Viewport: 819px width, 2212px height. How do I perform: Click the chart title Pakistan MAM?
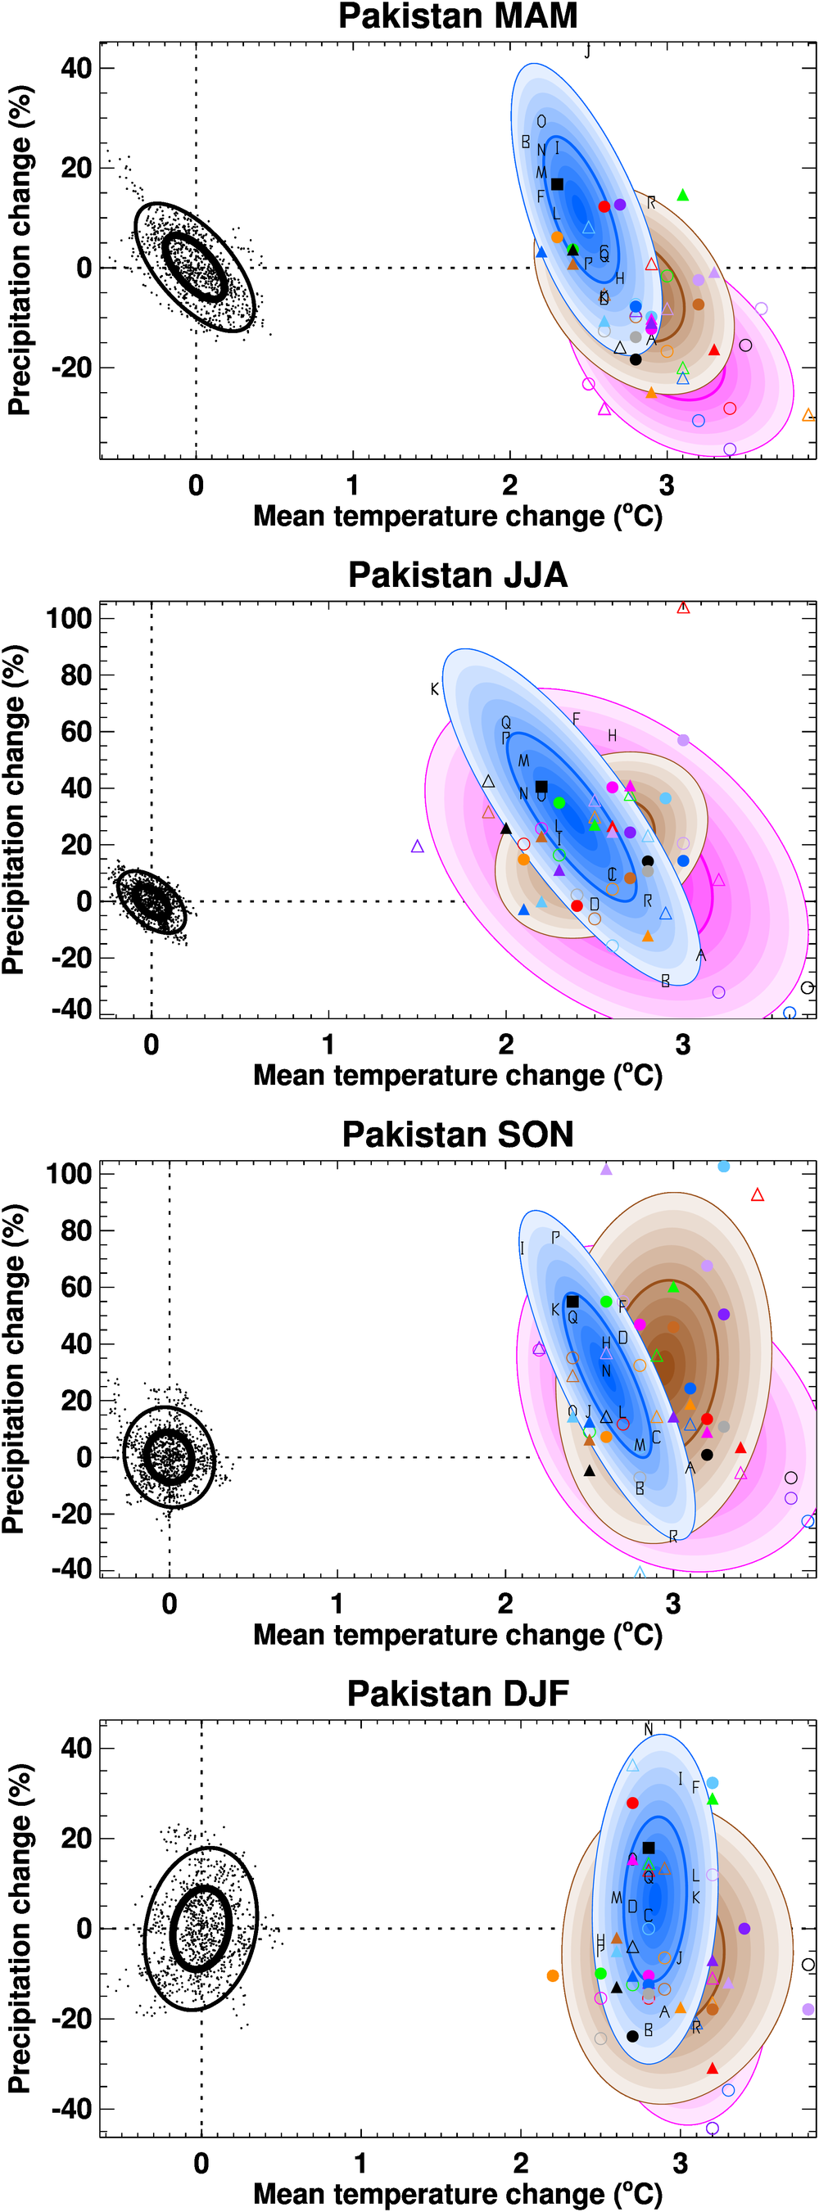457,16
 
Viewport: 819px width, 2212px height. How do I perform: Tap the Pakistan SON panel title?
457,1135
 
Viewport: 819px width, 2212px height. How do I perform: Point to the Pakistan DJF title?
457,1693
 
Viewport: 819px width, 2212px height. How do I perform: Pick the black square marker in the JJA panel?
541,787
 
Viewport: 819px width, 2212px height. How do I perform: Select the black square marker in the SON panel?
572,1302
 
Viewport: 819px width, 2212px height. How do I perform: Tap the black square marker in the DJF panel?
649,1848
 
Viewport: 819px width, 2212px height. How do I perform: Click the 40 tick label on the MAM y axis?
75,68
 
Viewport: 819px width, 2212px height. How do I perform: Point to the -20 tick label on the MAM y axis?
73,368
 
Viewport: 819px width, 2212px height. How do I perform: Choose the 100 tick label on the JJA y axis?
69,617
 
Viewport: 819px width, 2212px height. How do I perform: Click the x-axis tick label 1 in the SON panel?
337,1603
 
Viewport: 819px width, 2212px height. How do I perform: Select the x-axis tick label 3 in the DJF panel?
681,2162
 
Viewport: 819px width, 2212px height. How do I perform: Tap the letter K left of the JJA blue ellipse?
435,689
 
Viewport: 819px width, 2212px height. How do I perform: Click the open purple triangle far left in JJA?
418,846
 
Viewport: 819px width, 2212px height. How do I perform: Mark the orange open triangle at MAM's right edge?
808,416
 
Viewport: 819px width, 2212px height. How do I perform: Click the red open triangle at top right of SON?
757,1195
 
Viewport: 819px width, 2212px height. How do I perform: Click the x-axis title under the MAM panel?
457,516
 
